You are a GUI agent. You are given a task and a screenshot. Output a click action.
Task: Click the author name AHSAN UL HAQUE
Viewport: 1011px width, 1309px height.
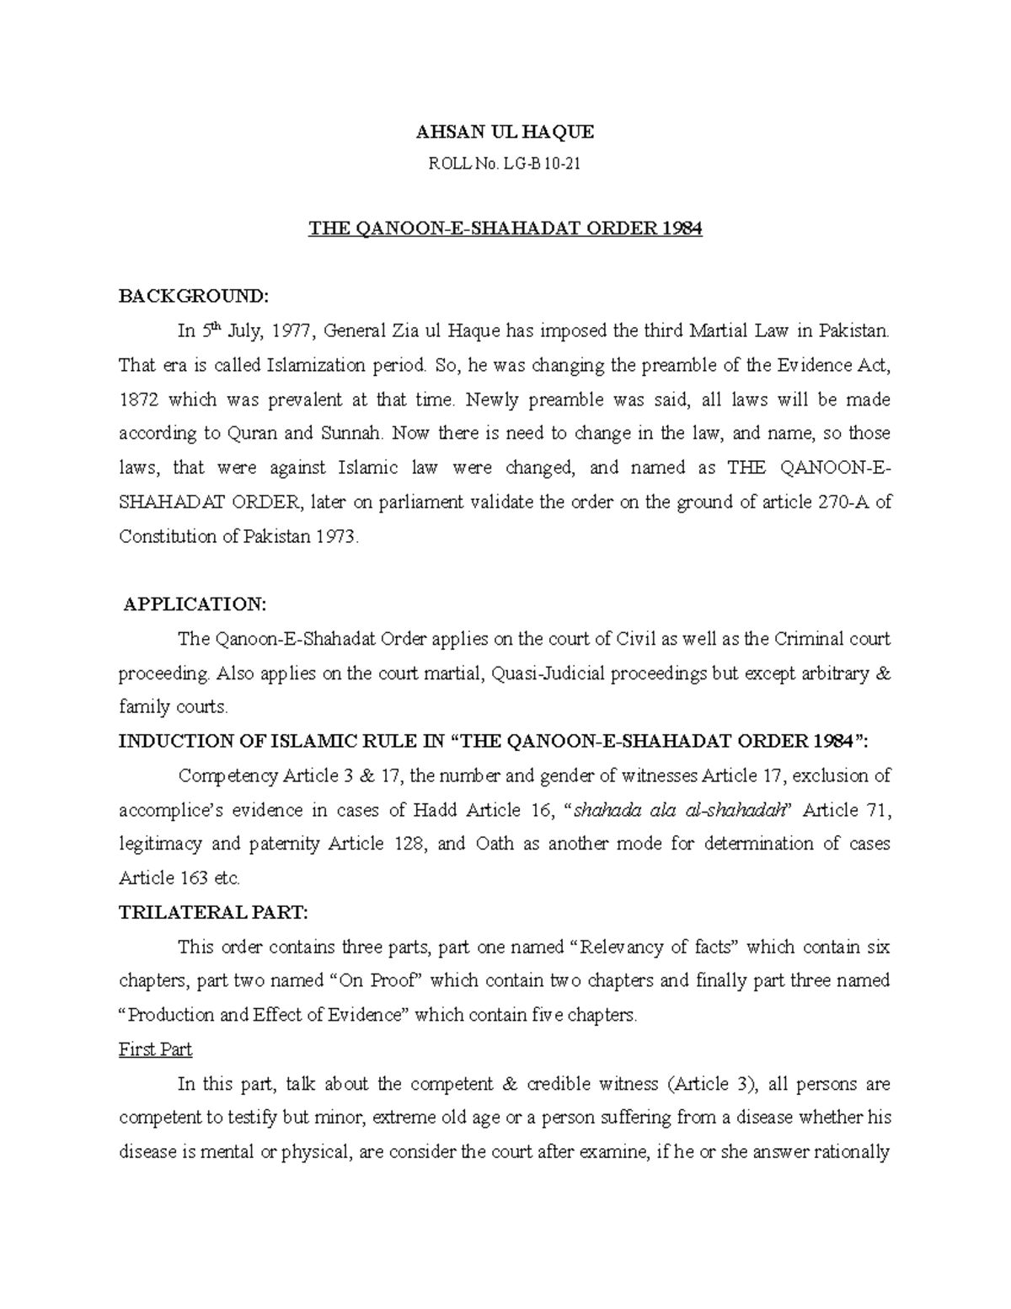click(505, 132)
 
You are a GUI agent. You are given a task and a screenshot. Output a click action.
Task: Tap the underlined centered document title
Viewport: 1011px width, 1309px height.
click(505, 228)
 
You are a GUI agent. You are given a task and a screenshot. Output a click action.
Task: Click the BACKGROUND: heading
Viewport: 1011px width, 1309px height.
click(194, 296)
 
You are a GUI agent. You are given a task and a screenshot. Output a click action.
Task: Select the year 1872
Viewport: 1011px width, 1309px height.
click(139, 400)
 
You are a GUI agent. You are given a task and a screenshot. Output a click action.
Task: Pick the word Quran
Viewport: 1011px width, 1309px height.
click(250, 434)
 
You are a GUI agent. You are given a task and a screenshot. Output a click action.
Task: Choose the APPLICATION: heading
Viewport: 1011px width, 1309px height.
click(195, 604)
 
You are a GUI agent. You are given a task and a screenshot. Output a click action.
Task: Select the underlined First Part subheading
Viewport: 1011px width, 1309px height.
click(156, 1049)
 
